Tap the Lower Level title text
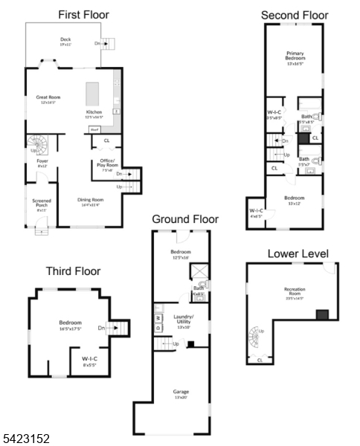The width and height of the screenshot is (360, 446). point(298,254)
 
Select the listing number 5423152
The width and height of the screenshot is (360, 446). point(26,439)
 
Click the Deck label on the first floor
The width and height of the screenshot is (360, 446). point(66,42)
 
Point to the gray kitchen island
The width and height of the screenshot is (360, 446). point(94,95)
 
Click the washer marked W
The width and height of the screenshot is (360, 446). point(158,326)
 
